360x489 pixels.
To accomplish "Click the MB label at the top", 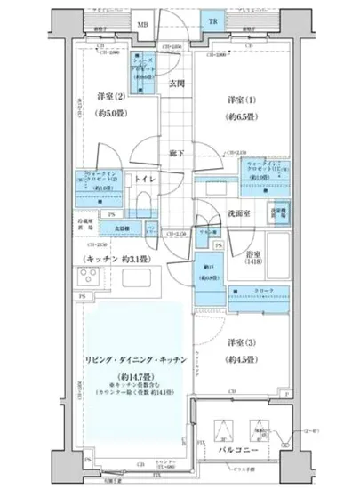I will click(142, 24).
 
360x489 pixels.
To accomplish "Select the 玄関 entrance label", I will click(176, 86).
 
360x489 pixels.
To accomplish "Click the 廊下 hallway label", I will click(176, 154).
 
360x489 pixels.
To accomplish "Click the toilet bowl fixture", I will click(148, 199).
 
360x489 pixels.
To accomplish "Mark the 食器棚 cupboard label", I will click(121, 227).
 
